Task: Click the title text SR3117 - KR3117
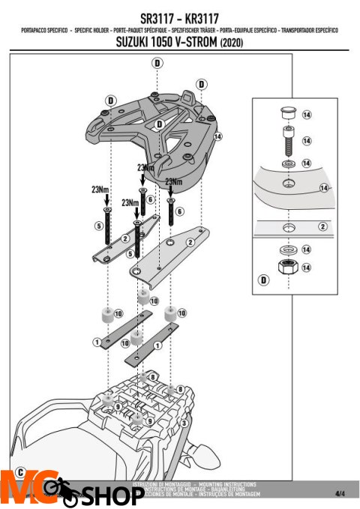click(179, 15)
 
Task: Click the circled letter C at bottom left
click(19, 472)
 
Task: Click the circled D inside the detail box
click(263, 280)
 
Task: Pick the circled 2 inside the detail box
click(322, 225)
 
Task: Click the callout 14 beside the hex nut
click(307, 267)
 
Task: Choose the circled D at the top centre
click(157, 64)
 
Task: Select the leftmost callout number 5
click(99, 225)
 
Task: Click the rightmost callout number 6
click(179, 212)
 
